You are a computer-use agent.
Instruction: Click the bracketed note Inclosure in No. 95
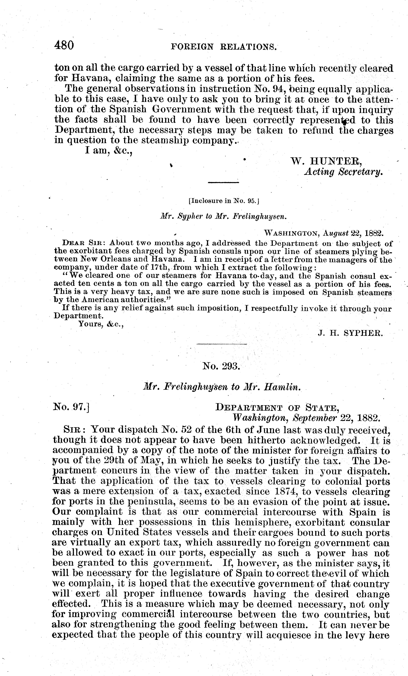click(224, 201)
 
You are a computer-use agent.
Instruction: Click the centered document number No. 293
click(221, 366)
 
